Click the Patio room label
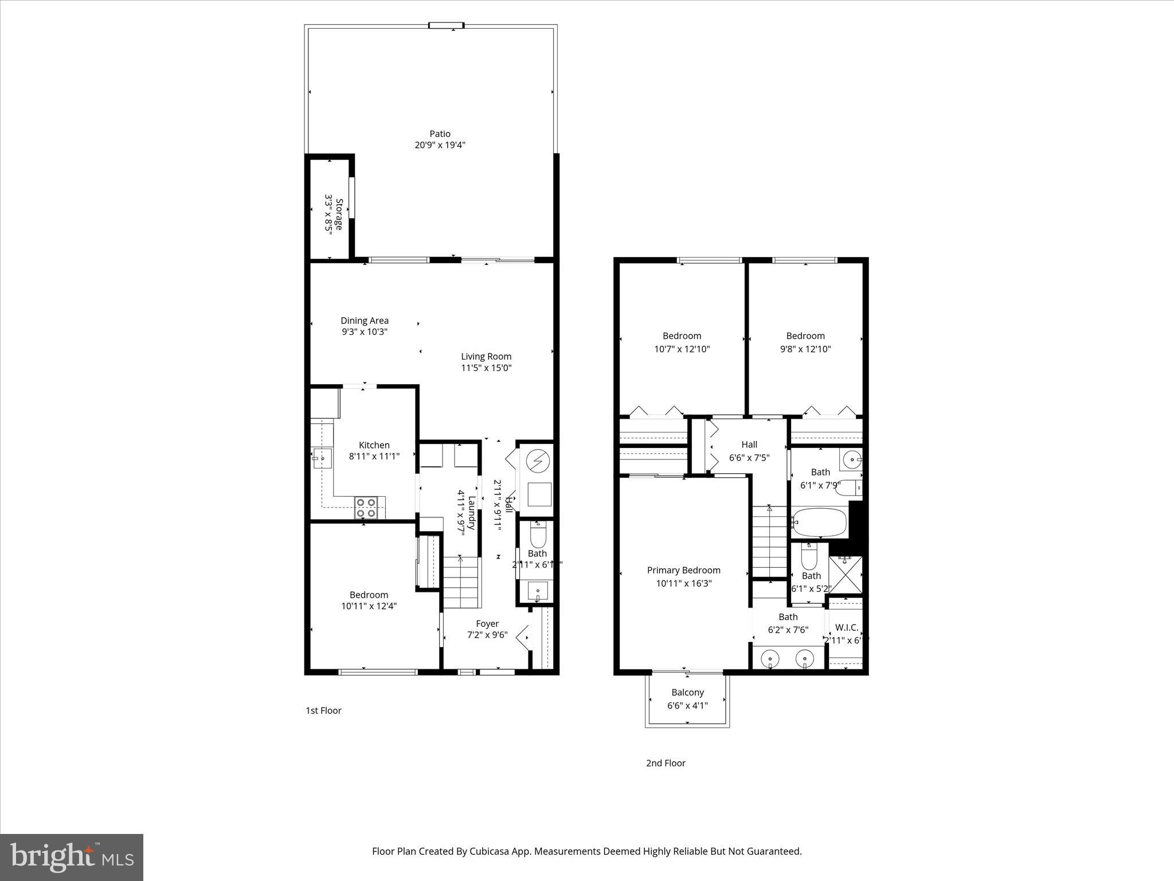click(x=440, y=134)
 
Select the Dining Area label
click(x=365, y=321)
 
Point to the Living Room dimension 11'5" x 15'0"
click(x=486, y=368)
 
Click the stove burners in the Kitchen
click(x=366, y=508)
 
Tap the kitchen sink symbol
click(x=322, y=458)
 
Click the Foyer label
click(x=487, y=623)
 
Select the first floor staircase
click(x=461, y=582)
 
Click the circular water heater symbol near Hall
click(x=538, y=461)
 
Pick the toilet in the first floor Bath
click(x=538, y=536)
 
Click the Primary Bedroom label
click(x=683, y=570)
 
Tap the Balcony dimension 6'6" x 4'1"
click(x=687, y=705)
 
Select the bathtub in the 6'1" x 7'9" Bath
click(x=819, y=522)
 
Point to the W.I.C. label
click(x=847, y=627)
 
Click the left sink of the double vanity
click(x=770, y=660)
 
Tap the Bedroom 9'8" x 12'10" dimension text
click(x=805, y=349)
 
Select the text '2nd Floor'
click(x=666, y=763)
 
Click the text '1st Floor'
click(x=323, y=711)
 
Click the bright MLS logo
click(x=72, y=857)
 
